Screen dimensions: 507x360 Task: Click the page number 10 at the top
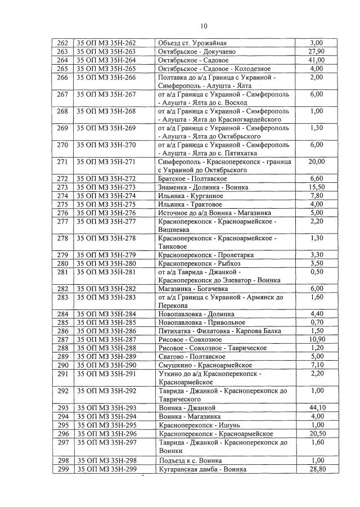tap(204, 25)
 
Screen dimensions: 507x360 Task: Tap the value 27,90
tap(317, 52)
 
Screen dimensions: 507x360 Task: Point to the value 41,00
tap(317, 60)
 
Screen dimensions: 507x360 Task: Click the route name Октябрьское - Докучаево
tap(194, 52)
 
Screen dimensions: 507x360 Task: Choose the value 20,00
tap(317, 162)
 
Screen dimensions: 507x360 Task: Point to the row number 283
tap(62, 297)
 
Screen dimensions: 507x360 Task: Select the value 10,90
tap(317, 340)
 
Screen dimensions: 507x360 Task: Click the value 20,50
tap(317, 433)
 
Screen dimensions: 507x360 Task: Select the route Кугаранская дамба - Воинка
tap(202, 469)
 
